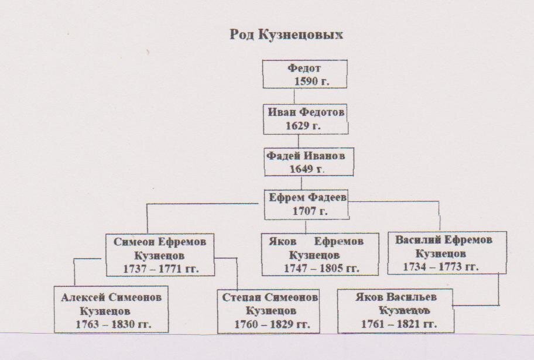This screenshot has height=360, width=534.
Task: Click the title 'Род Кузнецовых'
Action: pos(286,35)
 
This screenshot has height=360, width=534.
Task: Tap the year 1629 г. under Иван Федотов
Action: pos(303,126)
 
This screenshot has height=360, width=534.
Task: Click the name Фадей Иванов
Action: pos(306,156)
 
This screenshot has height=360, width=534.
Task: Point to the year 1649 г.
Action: pos(307,169)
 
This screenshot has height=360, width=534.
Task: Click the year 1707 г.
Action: pos(310,211)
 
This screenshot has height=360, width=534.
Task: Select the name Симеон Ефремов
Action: pos(160,242)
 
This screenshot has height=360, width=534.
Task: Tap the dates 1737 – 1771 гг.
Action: pos(161,269)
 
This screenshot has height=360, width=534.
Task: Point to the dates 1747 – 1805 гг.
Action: pos(321,268)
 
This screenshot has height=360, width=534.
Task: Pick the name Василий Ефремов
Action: pos(443,240)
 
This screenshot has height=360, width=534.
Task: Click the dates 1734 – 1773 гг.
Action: pos(441,267)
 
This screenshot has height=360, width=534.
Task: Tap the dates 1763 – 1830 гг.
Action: pos(114,324)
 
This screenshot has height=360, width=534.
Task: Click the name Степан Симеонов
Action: pos(270,297)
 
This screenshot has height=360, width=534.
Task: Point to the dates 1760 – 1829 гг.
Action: pos(272,324)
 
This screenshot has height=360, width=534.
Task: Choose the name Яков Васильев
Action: pos(396,297)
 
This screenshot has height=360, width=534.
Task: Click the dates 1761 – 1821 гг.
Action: pos(399,324)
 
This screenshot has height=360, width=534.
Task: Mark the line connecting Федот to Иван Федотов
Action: pos(295,97)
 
